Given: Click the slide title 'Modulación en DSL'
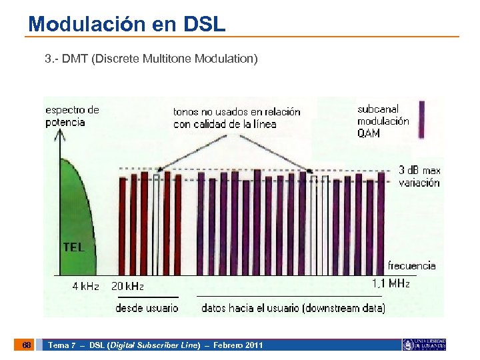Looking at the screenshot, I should pyautogui.click(x=127, y=25).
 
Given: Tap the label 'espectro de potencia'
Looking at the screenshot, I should pyautogui.click(x=71, y=115).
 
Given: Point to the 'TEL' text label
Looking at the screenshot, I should pyautogui.click(x=73, y=247).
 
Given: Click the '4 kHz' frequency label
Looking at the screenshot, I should pyautogui.click(x=85, y=286).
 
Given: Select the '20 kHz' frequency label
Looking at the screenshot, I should pyautogui.click(x=127, y=286).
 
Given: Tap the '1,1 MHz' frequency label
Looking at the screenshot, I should pyautogui.click(x=390, y=283).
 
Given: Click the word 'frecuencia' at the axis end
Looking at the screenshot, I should pyautogui.click(x=411, y=265).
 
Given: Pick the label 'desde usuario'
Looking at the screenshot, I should pyautogui.click(x=147, y=307).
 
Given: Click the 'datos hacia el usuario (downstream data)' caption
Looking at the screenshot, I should pyautogui.click(x=293, y=307).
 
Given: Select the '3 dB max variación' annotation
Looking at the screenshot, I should pyautogui.click(x=419, y=176).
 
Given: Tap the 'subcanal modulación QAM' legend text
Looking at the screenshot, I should pyautogui.click(x=383, y=121).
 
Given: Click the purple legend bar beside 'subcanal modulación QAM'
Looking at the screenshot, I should pyautogui.click(x=421, y=120).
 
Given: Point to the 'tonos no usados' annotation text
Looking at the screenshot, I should pyautogui.click(x=237, y=117).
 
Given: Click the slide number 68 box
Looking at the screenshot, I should pyautogui.click(x=26, y=345).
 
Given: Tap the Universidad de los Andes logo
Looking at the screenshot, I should pyautogui.click(x=423, y=345).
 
